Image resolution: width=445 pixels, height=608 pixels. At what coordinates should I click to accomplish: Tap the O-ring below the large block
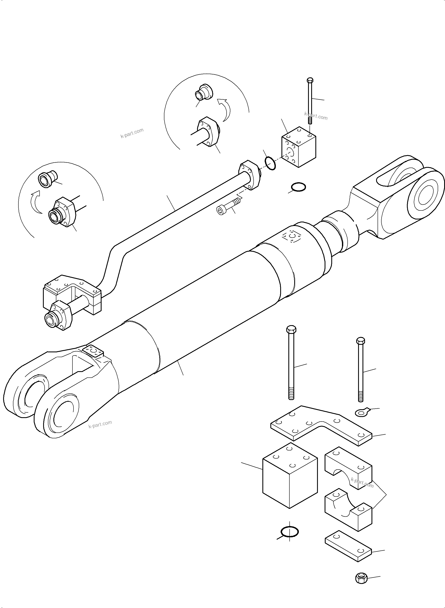pyautogui.click(x=290, y=532)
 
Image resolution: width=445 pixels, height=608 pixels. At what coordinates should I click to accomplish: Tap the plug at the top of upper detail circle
pyautogui.click(x=203, y=92)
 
